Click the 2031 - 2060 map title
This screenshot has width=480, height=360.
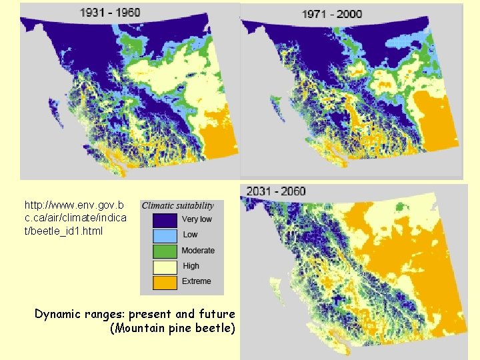[x=276, y=191]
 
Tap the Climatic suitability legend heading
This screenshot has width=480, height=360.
[x=178, y=205]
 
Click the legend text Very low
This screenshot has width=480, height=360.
[x=197, y=219]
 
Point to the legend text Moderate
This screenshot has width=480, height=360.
[x=198, y=251]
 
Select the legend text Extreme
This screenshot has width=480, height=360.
[x=196, y=281]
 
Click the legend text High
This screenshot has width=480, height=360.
[x=191, y=266]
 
